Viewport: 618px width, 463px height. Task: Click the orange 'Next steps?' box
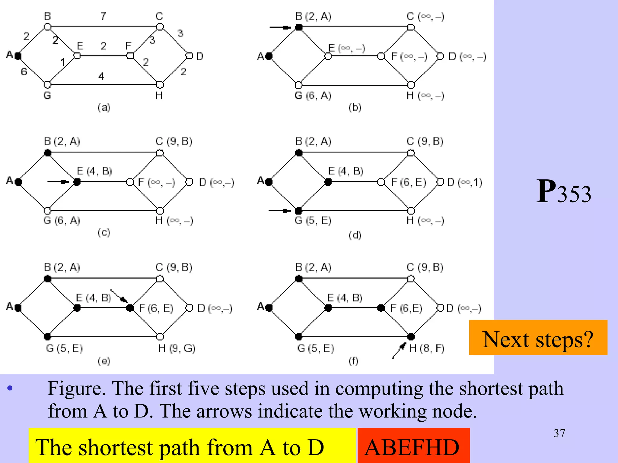pyautogui.click(x=538, y=338)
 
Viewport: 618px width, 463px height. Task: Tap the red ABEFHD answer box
pyautogui.click(x=413, y=446)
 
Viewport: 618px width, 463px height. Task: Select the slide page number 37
pyautogui.click(x=559, y=433)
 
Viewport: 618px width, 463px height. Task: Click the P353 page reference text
pyautogui.click(x=563, y=192)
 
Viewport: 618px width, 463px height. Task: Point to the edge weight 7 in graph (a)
pyautogui.click(x=103, y=16)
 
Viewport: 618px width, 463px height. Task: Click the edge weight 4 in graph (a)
pyautogui.click(x=101, y=76)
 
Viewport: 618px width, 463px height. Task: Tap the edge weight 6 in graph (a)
pyautogui.click(x=24, y=72)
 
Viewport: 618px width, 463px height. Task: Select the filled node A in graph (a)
pyautogui.click(x=18, y=56)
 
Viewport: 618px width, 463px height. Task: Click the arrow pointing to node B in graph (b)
pyautogui.click(x=280, y=27)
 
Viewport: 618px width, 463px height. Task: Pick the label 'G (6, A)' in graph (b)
pyautogui.click(x=313, y=96)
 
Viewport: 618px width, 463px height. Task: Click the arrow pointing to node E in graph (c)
pyautogui.click(x=58, y=182)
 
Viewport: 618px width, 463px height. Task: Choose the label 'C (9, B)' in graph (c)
pyautogui.click(x=174, y=141)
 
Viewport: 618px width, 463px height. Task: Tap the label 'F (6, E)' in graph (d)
pyautogui.click(x=408, y=182)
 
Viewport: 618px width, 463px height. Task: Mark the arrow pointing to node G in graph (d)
pyautogui.click(x=280, y=210)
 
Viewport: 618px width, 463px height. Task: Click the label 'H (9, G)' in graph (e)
pyautogui.click(x=177, y=348)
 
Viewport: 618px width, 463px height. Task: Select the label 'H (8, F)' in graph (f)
pyautogui.click(x=427, y=348)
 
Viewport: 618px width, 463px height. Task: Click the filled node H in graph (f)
pyautogui.click(x=411, y=336)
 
